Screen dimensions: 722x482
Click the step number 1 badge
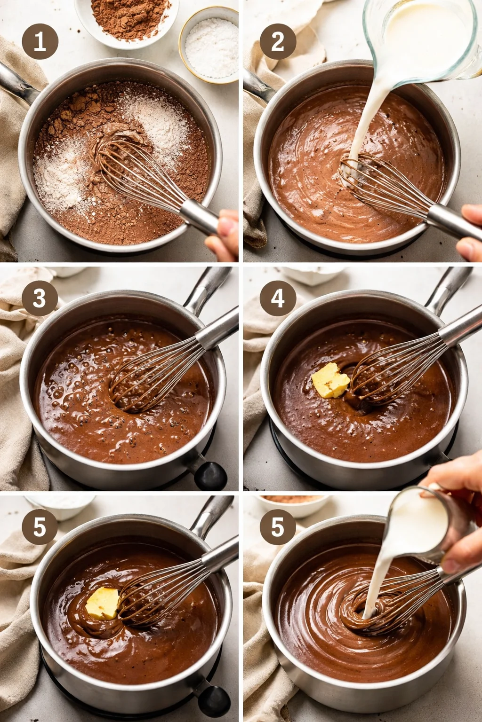(40, 42)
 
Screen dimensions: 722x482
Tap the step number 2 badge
(278, 42)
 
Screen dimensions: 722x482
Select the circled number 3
(40, 298)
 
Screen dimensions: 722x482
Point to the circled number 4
(278, 298)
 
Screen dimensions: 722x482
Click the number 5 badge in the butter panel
(40, 526)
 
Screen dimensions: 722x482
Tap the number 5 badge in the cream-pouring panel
(278, 526)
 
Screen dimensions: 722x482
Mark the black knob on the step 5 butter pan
(214, 700)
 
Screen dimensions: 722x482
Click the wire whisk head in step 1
(137, 172)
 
